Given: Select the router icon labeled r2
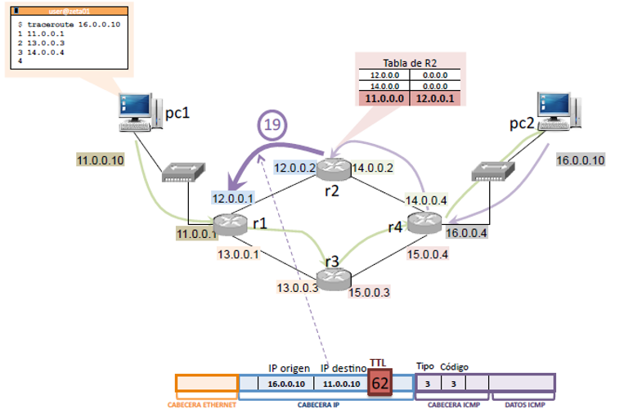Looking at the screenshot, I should (333, 170).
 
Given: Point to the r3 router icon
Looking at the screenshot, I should (332, 279).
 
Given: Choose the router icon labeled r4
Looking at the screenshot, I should (424, 222).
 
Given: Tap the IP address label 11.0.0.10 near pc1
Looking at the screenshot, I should (100, 160).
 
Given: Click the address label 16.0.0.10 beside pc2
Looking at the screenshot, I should (580, 160).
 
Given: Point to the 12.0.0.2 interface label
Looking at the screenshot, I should (294, 168).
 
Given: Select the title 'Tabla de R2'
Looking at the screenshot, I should (411, 63).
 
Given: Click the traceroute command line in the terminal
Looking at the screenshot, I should (73, 25).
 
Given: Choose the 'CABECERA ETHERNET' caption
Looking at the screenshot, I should (203, 404).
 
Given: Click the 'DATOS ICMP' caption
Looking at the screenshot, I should (523, 404).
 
